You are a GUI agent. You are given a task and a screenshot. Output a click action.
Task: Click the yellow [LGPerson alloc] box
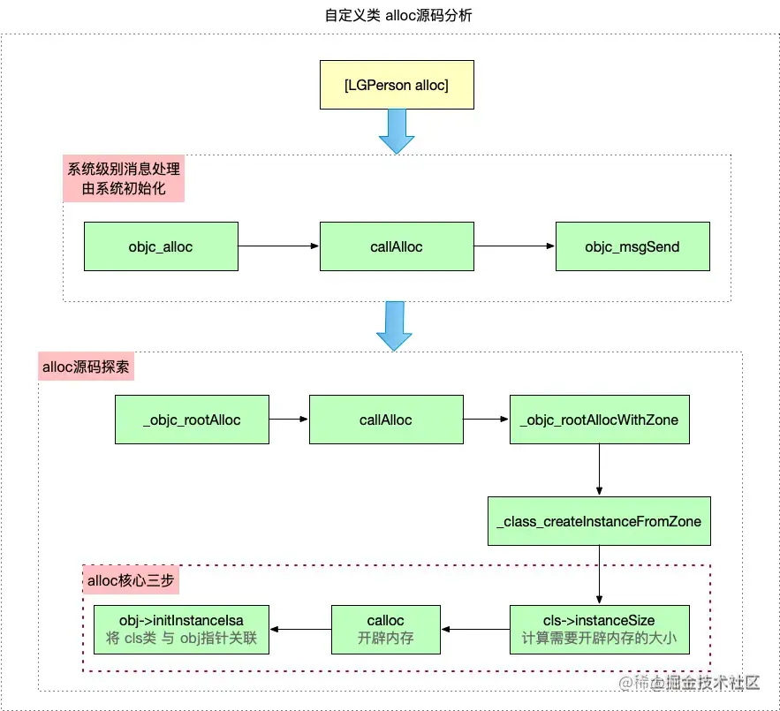coord(397,85)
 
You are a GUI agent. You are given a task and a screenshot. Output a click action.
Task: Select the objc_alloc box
coord(161,246)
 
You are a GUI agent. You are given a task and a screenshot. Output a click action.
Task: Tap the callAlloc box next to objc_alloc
coord(397,246)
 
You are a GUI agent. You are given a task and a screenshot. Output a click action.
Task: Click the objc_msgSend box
coord(632,246)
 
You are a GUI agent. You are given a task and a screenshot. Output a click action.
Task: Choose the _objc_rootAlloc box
coord(192,420)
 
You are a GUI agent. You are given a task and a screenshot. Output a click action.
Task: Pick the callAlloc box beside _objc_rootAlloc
coord(386,420)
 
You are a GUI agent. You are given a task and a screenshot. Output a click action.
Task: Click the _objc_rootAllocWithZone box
coord(600,420)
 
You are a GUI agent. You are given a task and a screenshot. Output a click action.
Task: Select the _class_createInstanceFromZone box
coord(600,521)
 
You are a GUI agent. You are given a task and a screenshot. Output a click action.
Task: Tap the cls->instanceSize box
coord(600,629)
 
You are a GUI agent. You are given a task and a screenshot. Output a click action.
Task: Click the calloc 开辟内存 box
coord(386,629)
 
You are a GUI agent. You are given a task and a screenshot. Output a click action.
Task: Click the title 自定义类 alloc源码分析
coord(390,15)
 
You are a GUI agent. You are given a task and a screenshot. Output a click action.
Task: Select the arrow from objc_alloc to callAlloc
coord(278,246)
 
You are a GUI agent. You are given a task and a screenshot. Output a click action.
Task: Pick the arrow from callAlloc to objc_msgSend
coord(514,246)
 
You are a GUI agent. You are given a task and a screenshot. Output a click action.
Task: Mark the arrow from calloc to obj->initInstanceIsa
coord(300,629)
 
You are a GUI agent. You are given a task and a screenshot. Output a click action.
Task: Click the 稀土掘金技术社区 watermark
coord(689,682)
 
